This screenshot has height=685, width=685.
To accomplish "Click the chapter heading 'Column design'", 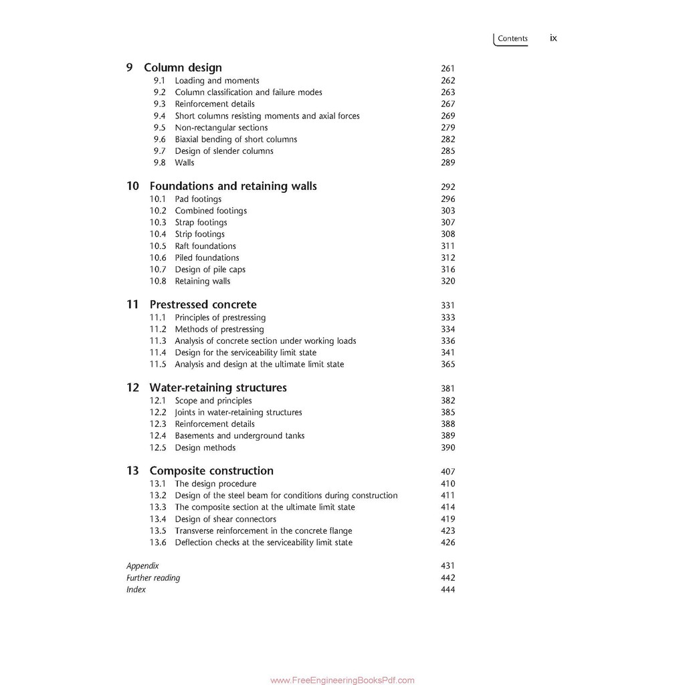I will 183,68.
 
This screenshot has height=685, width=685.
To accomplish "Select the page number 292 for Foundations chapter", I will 448,187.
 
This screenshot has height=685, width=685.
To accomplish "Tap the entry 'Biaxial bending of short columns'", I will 235,139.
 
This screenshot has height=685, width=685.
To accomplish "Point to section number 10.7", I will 158,270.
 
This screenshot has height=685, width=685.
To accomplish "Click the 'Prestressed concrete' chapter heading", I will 203,304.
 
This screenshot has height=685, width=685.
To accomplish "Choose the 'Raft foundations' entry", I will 205,246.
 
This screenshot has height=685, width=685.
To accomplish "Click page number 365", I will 448,365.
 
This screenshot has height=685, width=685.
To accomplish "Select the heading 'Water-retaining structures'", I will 217,387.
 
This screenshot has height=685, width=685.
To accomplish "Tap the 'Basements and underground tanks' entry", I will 239,435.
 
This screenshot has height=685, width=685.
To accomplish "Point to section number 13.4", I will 158,519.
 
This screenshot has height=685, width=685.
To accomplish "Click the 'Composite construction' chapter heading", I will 211,471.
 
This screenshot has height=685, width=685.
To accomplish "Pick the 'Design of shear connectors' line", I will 225,519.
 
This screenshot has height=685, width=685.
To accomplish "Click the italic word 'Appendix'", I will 142,566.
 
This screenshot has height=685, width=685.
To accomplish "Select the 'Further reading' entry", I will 153,578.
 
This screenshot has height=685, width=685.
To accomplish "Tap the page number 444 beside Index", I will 448,590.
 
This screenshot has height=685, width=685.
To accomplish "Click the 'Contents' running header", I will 512,39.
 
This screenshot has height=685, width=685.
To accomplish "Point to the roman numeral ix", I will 553,38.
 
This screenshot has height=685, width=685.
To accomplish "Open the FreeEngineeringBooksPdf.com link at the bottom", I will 342,680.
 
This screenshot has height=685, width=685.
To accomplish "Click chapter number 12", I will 132,387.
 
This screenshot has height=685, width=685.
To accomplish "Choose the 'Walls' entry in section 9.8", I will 185,163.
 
